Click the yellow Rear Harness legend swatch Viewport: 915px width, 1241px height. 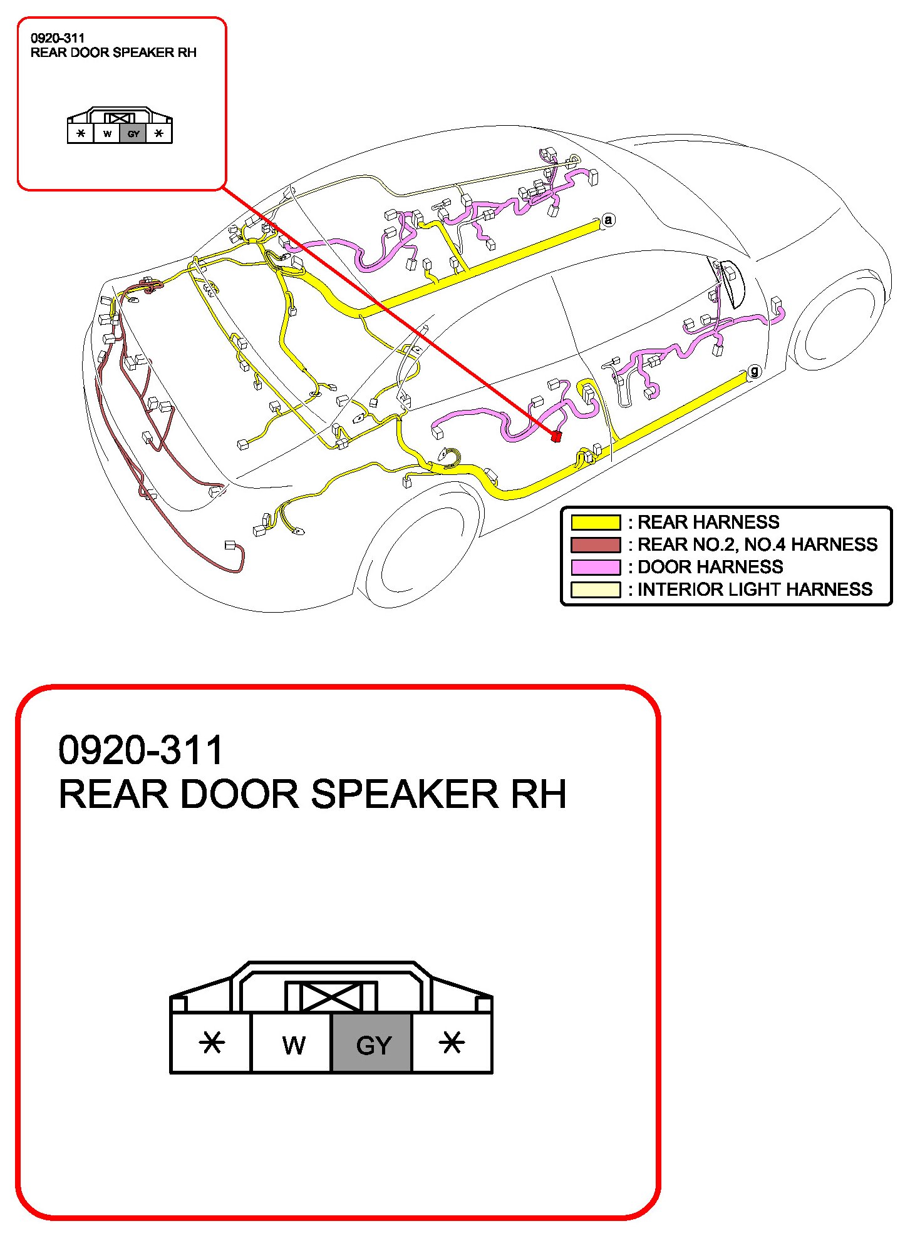(595, 522)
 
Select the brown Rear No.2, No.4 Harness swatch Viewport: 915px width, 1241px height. (595, 544)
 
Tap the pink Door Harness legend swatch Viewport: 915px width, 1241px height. (595, 567)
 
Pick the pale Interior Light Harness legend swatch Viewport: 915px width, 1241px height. (595, 590)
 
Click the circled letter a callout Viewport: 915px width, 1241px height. (607, 220)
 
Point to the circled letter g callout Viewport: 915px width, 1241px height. (755, 371)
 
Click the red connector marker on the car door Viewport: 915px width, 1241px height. (556, 436)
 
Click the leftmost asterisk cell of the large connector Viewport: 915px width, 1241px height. (212, 1043)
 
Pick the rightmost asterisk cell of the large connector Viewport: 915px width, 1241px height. (452, 1043)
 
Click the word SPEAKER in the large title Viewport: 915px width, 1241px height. (404, 794)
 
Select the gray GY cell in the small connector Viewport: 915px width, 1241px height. (133, 133)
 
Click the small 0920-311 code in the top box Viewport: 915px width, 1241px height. (57, 38)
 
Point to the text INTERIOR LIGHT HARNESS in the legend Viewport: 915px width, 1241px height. (755, 590)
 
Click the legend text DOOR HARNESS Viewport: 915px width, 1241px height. (710, 567)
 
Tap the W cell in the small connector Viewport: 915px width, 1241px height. (107, 133)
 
